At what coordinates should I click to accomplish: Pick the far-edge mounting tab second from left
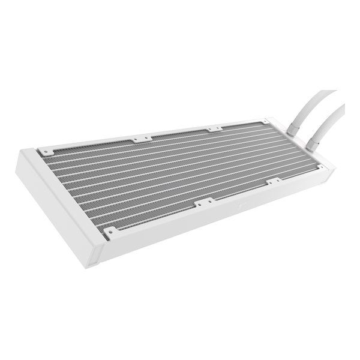point(142,138)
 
